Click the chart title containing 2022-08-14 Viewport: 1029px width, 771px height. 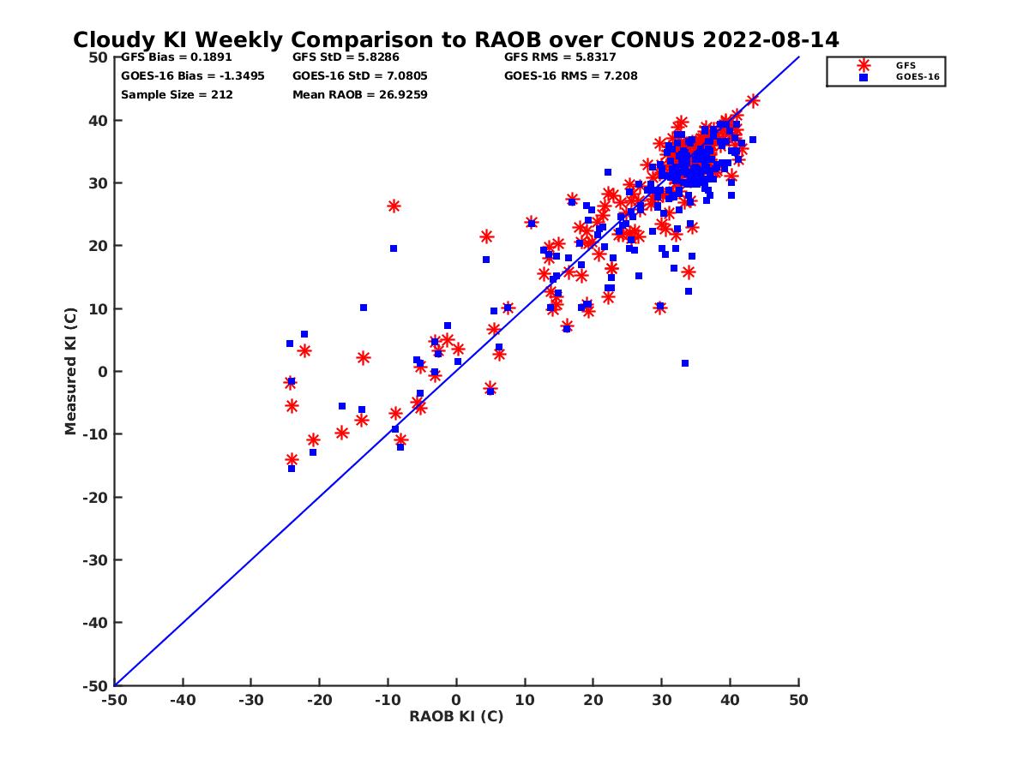pos(455,40)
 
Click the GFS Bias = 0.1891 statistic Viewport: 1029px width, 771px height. pos(177,57)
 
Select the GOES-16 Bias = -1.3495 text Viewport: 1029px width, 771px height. pos(193,75)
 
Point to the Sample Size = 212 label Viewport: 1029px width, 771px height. pos(177,94)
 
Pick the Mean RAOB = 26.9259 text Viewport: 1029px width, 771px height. pos(360,94)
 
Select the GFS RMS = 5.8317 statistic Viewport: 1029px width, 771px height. pos(560,57)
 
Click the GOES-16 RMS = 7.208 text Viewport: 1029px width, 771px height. pos(571,75)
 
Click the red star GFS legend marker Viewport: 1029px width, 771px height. pos(864,65)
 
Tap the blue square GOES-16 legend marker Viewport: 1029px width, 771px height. pos(864,77)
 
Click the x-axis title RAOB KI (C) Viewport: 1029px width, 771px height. pos(456,716)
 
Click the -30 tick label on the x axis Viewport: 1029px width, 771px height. pos(250,700)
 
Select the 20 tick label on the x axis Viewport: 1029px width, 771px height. pos(593,700)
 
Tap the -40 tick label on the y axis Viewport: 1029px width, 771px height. pos(95,623)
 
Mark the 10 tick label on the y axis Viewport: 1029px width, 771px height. pos(99,308)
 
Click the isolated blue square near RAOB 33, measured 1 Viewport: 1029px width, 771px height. pos(685,363)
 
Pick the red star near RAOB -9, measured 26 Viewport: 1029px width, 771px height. pos(394,206)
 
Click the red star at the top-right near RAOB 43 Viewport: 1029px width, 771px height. pos(753,100)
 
